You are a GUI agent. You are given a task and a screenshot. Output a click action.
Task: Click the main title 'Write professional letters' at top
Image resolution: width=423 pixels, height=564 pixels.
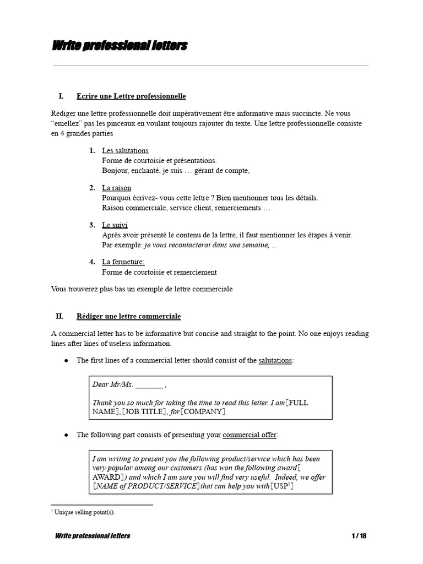[120, 46]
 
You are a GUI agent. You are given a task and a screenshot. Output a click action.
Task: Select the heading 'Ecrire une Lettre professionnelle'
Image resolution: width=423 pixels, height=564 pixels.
[131, 96]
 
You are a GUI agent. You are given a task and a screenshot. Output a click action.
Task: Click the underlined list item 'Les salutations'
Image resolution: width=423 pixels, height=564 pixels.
[125, 150]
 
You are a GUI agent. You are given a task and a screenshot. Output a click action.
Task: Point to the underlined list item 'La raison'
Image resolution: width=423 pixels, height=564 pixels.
[116, 188]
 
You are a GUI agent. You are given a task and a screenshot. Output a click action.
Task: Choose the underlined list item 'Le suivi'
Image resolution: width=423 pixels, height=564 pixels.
[115, 225]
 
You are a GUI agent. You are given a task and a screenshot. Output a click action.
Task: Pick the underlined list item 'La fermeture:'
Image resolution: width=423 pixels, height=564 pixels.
[123, 262]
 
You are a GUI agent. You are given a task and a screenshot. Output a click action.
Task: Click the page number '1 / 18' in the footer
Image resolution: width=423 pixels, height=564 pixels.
[359, 536]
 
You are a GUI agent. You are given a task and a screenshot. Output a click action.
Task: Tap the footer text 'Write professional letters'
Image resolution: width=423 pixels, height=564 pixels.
[93, 536]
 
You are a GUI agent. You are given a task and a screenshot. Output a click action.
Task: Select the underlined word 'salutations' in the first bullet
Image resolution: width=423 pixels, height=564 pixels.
[275, 360]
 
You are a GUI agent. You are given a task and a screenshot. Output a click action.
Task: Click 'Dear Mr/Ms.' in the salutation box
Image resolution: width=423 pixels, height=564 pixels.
[112, 384]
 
